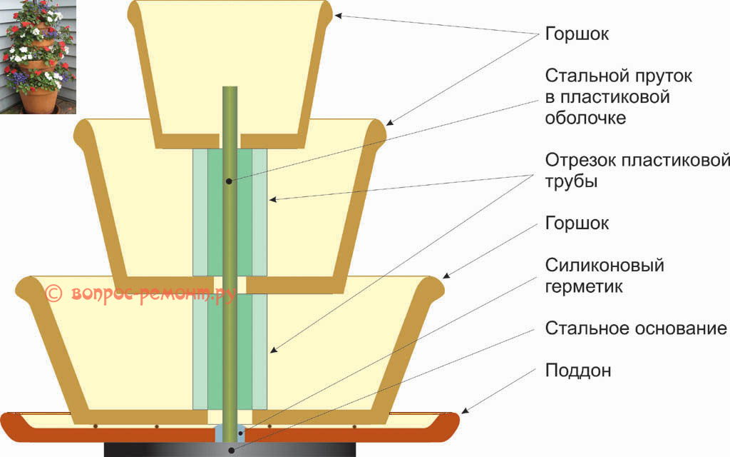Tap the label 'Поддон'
(x=578, y=371)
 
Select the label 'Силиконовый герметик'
(x=605, y=276)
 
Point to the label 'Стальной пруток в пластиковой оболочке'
(x=618, y=96)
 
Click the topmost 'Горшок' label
(x=577, y=34)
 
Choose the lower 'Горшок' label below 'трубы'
(x=577, y=224)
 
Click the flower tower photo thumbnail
(x=37, y=57)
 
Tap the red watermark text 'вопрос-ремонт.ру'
(x=143, y=293)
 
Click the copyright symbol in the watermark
(x=53, y=293)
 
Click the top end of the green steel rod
(x=230, y=89)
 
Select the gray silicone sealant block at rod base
(x=230, y=433)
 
